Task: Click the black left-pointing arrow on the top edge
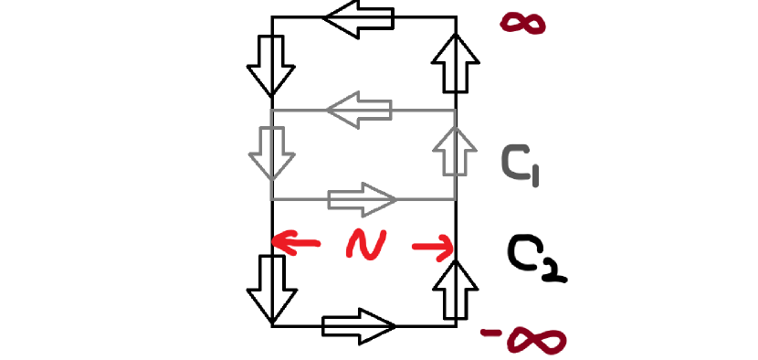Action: point(359,18)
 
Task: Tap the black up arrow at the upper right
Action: point(456,62)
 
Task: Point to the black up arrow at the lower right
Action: point(456,285)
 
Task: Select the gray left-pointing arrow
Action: point(359,111)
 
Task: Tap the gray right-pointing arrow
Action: point(363,198)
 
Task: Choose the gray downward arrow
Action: point(271,154)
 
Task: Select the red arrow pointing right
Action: point(433,245)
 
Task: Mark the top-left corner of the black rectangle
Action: point(272,16)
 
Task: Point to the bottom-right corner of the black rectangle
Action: point(456,325)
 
